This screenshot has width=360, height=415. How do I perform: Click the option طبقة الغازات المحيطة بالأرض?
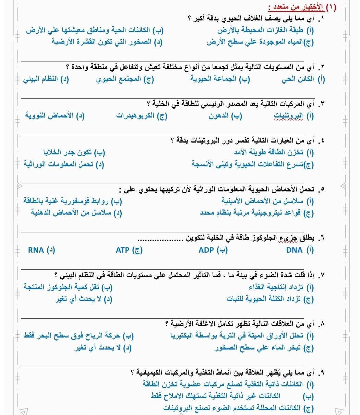click(261, 30)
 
